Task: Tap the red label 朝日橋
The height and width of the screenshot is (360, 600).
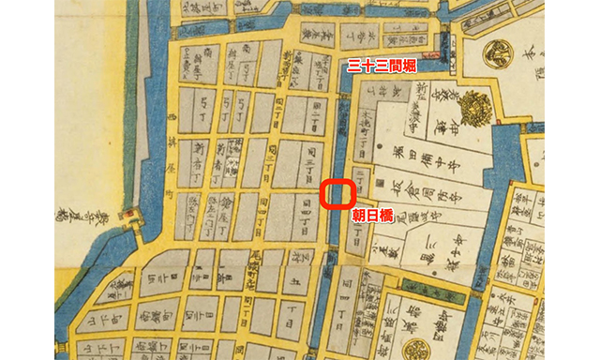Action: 372,215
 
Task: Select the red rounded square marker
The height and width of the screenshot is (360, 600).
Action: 336,193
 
